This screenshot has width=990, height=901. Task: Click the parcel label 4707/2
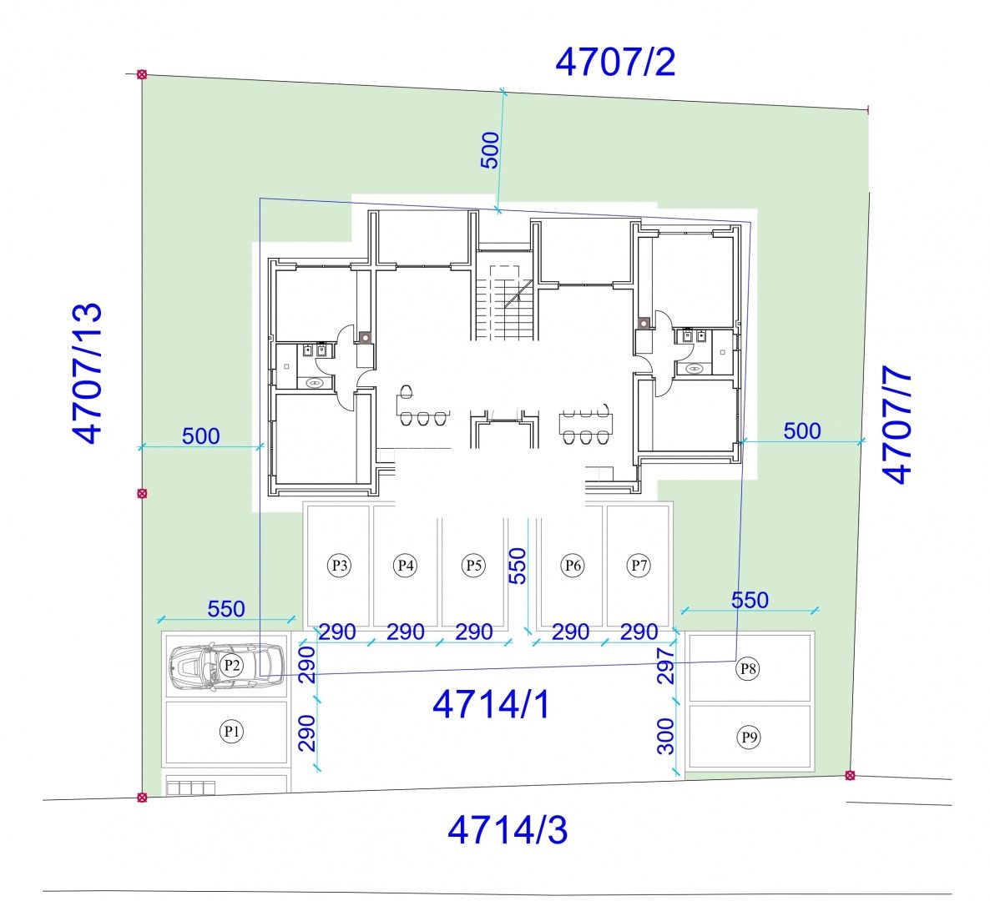pos(615,62)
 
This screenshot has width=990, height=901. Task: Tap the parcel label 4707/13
pos(87,374)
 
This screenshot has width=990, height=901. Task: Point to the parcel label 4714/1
pos(491,704)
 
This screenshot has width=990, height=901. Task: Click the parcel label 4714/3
pos(508,830)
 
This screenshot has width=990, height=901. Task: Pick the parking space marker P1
pos(231,732)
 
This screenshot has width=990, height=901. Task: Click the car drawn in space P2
pos(226,667)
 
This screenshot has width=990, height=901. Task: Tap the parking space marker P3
pos(340,565)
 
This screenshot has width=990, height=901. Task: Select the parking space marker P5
pos(473,565)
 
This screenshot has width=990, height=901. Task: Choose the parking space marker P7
pos(639,565)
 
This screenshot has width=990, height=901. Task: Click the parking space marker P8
pos(748,668)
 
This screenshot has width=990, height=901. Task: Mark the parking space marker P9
pos(749,737)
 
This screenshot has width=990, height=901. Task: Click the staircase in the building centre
pos(504,296)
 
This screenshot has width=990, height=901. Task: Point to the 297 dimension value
pos(666,666)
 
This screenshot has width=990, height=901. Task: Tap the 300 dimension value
pos(666,737)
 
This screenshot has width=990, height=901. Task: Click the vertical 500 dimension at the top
pos(490,150)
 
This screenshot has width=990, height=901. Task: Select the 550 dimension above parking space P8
pos(750,599)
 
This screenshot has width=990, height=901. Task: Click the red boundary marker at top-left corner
pos(142,74)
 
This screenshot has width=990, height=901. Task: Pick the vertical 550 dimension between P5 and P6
pos(517,566)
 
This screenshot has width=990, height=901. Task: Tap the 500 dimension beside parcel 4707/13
pos(201,436)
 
